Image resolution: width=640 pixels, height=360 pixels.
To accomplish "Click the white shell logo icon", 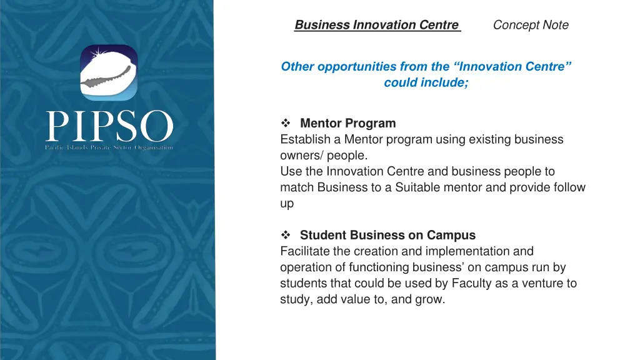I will [109, 73].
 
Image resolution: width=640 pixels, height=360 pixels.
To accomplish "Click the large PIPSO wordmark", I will [109, 127].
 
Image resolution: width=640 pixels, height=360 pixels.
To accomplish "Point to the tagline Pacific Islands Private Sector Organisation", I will [109, 147].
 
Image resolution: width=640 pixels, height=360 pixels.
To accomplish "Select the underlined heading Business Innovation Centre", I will [376, 25].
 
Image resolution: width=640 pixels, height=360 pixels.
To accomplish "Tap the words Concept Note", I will [531, 25].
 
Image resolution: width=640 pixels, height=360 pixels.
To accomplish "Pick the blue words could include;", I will [426, 82].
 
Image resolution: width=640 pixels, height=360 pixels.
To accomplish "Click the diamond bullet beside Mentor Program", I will [286, 123].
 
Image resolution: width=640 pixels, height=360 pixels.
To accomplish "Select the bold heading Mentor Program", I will [347, 123].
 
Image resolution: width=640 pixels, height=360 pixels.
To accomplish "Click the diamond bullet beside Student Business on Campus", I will [286, 235].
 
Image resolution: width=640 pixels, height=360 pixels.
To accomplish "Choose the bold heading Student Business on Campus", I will [387, 235].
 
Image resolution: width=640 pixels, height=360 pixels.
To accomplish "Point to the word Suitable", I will [419, 187].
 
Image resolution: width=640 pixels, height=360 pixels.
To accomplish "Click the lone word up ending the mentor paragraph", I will [287, 203].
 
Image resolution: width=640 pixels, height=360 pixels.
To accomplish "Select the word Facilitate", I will [305, 251].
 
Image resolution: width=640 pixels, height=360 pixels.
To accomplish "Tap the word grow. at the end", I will [431, 299].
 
